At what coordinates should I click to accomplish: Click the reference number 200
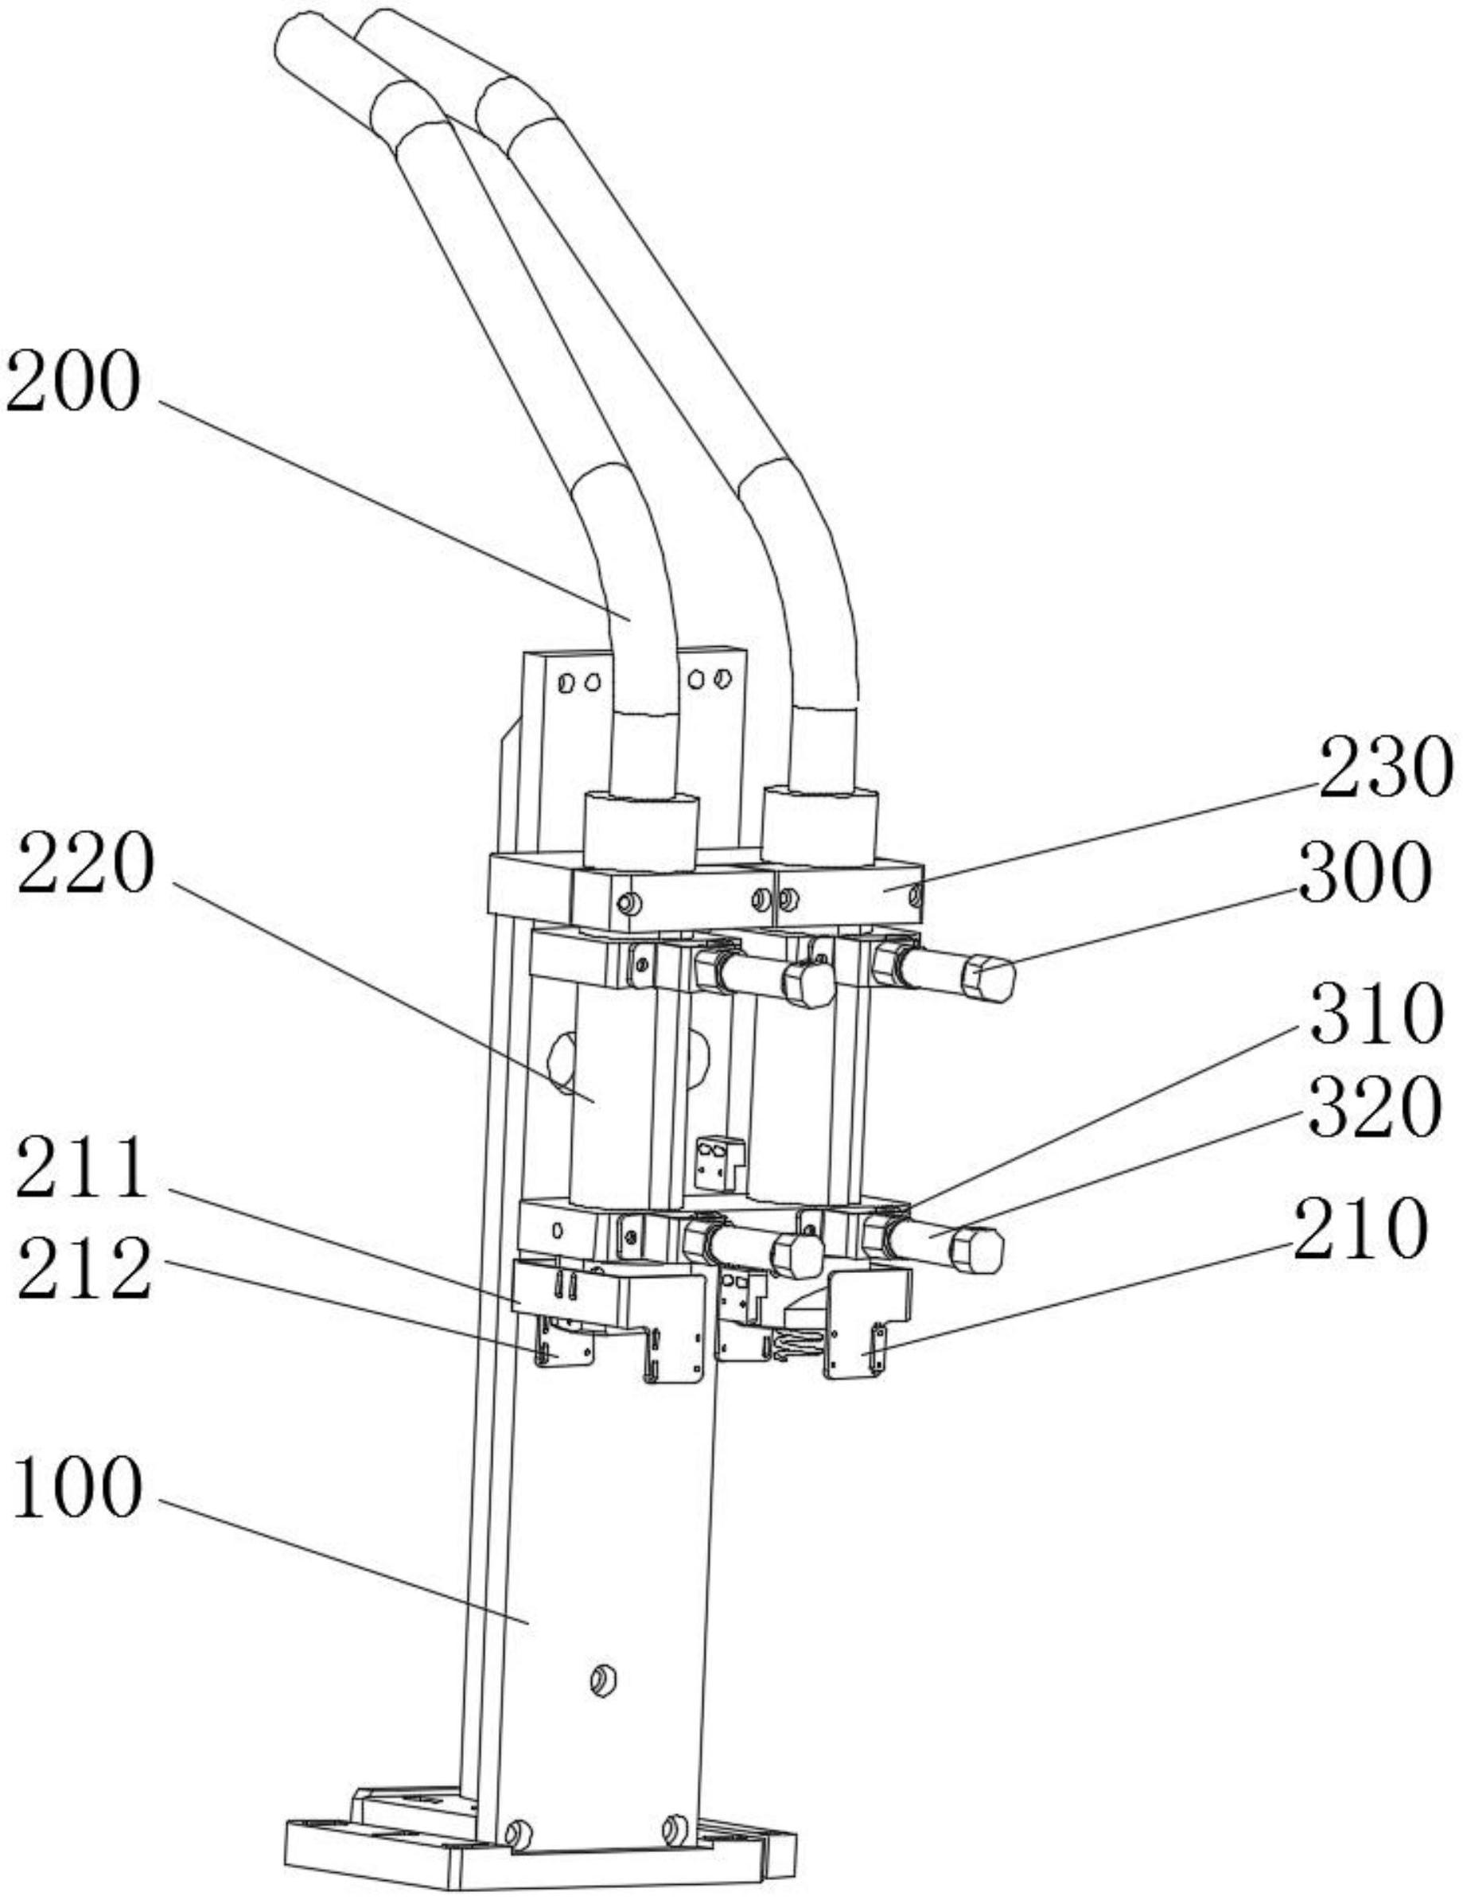tap(73, 383)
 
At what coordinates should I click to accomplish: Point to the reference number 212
tap(84, 1269)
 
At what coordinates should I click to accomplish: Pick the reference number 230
tap(1385, 767)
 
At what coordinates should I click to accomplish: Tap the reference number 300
tap(1364, 872)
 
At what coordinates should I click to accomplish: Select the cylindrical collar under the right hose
tap(819, 827)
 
